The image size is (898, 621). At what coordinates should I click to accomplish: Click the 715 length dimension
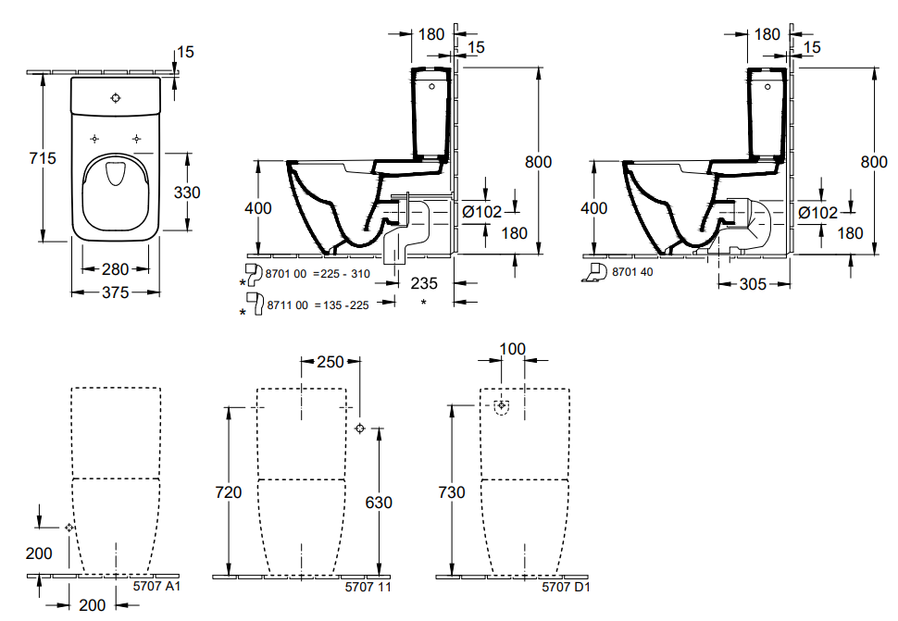[x=43, y=158]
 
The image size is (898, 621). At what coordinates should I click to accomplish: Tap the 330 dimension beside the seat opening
[x=187, y=193]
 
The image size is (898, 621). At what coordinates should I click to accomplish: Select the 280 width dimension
[x=115, y=268]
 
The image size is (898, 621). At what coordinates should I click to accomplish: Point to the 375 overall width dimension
[x=115, y=292]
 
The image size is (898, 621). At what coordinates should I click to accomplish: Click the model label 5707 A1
[x=156, y=586]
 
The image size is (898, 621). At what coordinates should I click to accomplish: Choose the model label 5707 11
[x=368, y=587]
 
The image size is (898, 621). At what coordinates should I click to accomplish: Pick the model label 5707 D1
[x=566, y=587]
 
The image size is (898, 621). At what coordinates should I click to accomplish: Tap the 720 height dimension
[x=229, y=492]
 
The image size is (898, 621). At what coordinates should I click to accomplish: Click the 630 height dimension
[x=379, y=503]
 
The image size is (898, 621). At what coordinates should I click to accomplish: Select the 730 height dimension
[x=451, y=492]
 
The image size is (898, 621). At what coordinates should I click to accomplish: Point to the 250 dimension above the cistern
[x=331, y=362]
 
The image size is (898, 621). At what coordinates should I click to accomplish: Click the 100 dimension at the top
[x=512, y=349]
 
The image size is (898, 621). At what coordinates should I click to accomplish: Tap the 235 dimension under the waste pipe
[x=424, y=283]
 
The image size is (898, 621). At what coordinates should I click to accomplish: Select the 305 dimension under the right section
[x=753, y=284]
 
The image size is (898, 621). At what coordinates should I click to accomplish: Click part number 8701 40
[x=632, y=272]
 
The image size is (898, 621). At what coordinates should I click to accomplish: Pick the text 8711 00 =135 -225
[x=318, y=305]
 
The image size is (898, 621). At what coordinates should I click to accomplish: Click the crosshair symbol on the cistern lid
[x=116, y=98]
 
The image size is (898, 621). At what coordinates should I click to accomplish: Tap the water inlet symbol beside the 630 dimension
[x=359, y=428]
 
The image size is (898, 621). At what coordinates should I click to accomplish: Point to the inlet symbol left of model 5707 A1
[x=69, y=528]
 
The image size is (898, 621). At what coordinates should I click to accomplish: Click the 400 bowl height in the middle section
[x=258, y=208]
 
